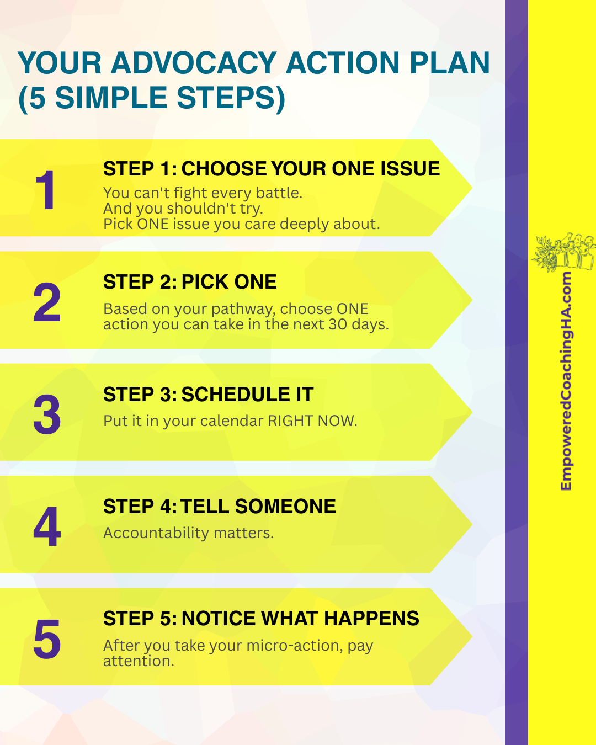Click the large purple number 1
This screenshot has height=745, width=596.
coord(45,190)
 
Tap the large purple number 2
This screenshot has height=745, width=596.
coord(47,302)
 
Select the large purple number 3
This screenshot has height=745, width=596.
coord(47,414)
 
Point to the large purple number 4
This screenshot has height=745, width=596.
coord(47,526)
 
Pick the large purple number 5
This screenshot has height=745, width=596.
coord(47,638)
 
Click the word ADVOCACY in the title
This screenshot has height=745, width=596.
coord(194,63)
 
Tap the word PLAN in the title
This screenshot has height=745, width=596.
coord(450,63)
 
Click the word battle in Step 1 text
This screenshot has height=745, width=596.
coord(279,193)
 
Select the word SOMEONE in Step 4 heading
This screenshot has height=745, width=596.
coord(285,507)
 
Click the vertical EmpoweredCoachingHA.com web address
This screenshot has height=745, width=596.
coord(566,381)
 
